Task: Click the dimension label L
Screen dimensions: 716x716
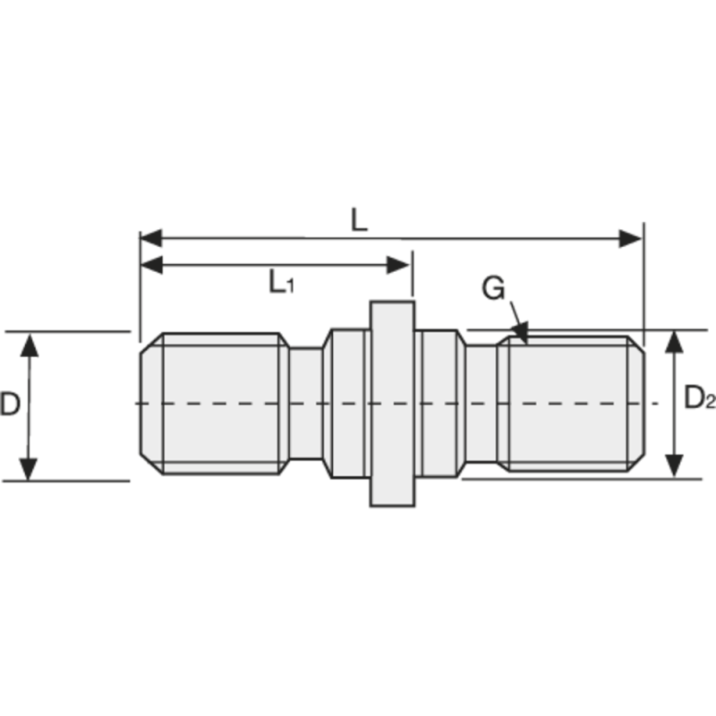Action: [x=358, y=220]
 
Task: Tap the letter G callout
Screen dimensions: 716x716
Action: [x=493, y=288]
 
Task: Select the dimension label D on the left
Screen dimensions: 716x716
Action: [x=10, y=405]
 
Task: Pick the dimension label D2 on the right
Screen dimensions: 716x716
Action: [x=698, y=399]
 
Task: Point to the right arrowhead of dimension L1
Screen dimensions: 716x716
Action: [x=400, y=265]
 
